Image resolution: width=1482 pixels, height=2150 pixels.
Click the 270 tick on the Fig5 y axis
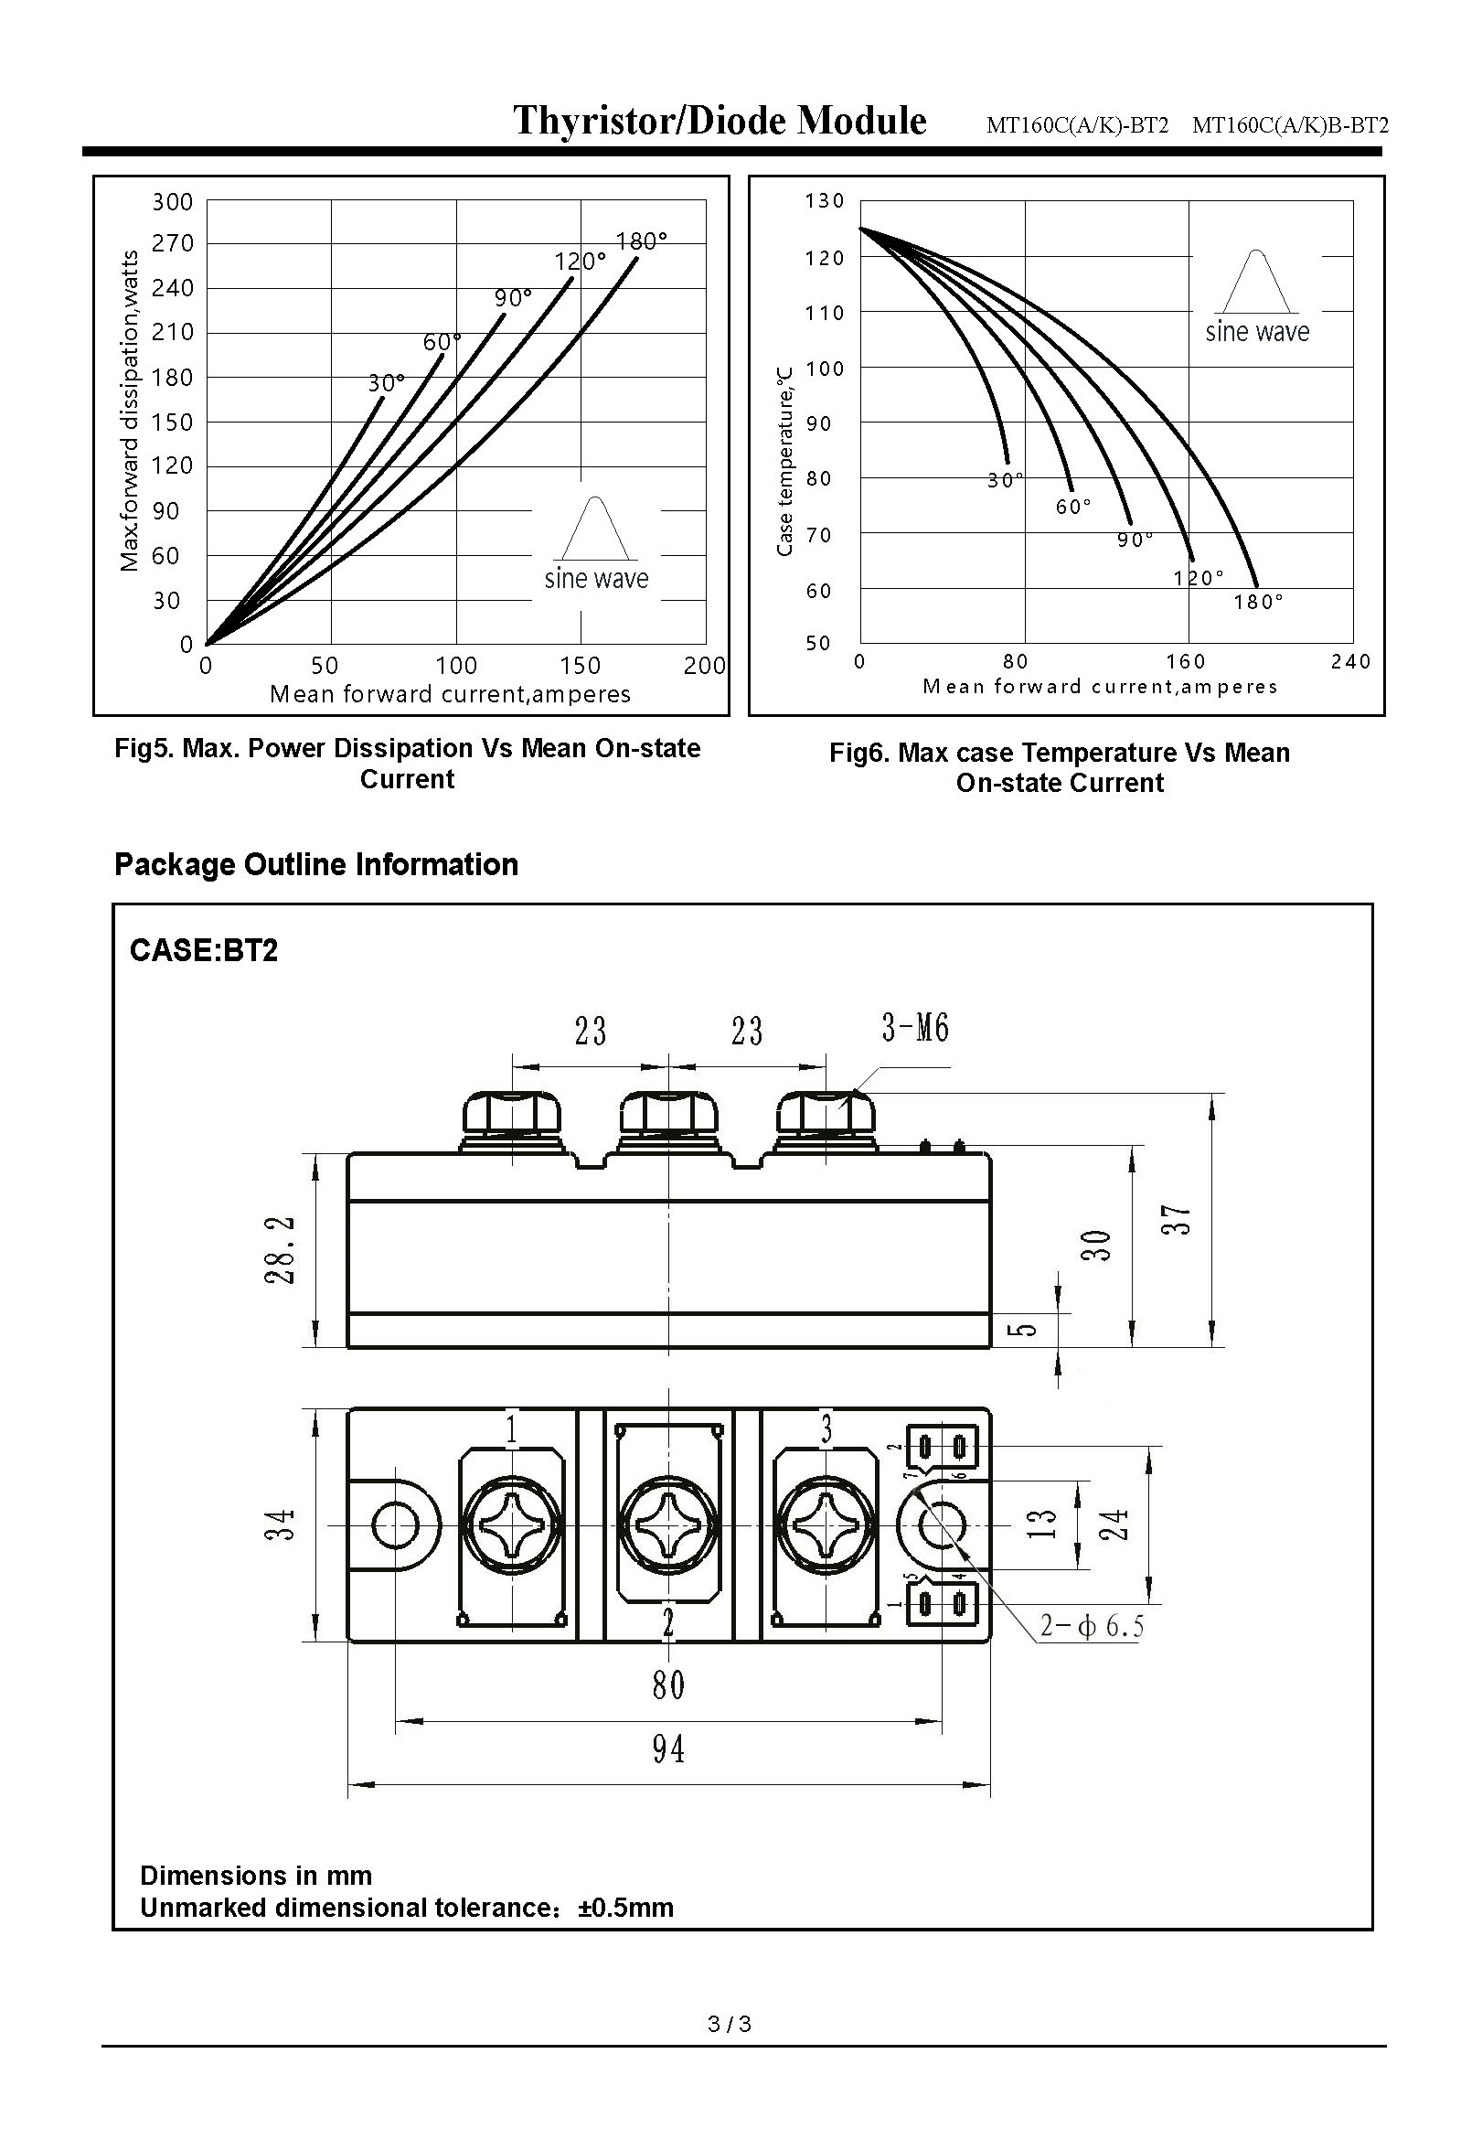pos(173,243)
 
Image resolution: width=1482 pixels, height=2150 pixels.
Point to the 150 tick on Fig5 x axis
pos(581,665)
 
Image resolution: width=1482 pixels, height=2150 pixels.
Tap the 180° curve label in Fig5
pos(642,241)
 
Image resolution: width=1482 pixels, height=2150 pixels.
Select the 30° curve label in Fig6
pos(1005,480)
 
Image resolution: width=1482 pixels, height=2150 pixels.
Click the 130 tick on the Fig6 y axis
pos(825,200)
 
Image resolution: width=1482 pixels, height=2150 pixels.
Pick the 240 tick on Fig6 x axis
pos(1350,661)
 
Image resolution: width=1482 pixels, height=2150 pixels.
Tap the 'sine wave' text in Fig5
pos(596,579)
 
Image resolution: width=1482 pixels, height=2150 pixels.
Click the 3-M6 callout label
pos(914,1028)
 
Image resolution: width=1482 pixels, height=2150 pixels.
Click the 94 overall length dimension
pos(667,1749)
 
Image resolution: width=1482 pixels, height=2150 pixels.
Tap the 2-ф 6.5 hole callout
pos(1092,1626)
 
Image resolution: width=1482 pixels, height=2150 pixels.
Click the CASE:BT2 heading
pos(203,951)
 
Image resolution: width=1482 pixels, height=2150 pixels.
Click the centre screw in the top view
pos(668,1525)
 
